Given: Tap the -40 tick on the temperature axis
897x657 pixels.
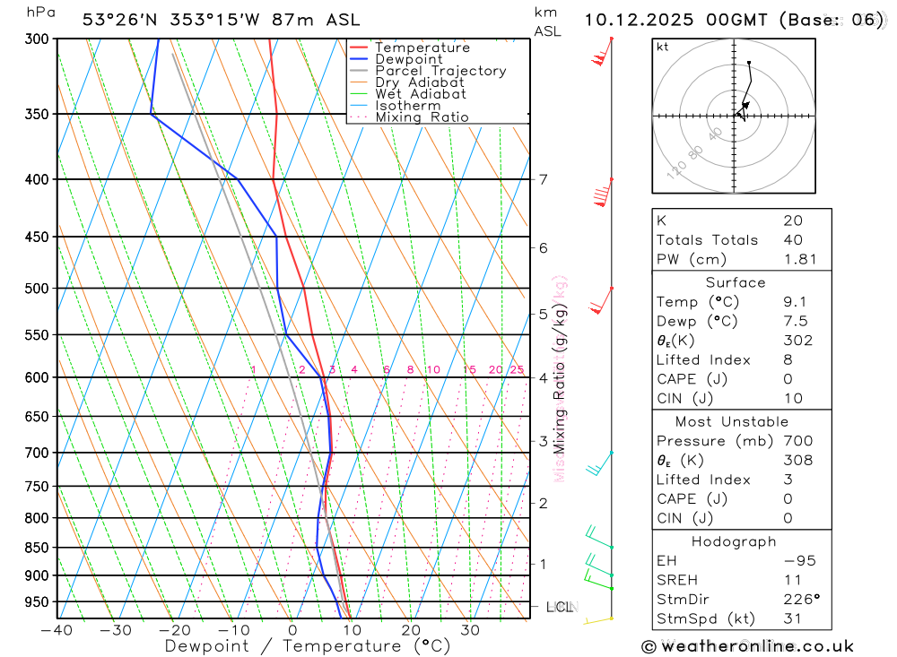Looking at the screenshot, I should pos(56,630).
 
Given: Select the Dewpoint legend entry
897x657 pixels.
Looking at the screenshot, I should pos(408,59).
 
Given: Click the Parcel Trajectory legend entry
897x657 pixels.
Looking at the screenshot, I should pos(440,71).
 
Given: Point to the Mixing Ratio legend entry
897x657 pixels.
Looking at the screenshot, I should pos(422,117).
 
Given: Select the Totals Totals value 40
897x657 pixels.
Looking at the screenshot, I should pos(793,240).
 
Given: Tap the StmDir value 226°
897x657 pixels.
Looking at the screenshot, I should pos(798,600).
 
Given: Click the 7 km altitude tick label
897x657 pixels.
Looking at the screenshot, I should pos(543,179).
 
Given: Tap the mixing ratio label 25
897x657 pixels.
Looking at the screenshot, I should pos(517,370).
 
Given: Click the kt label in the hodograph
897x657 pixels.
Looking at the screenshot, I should pos(662,47).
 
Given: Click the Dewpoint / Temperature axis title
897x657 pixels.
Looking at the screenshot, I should pos(308,646).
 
